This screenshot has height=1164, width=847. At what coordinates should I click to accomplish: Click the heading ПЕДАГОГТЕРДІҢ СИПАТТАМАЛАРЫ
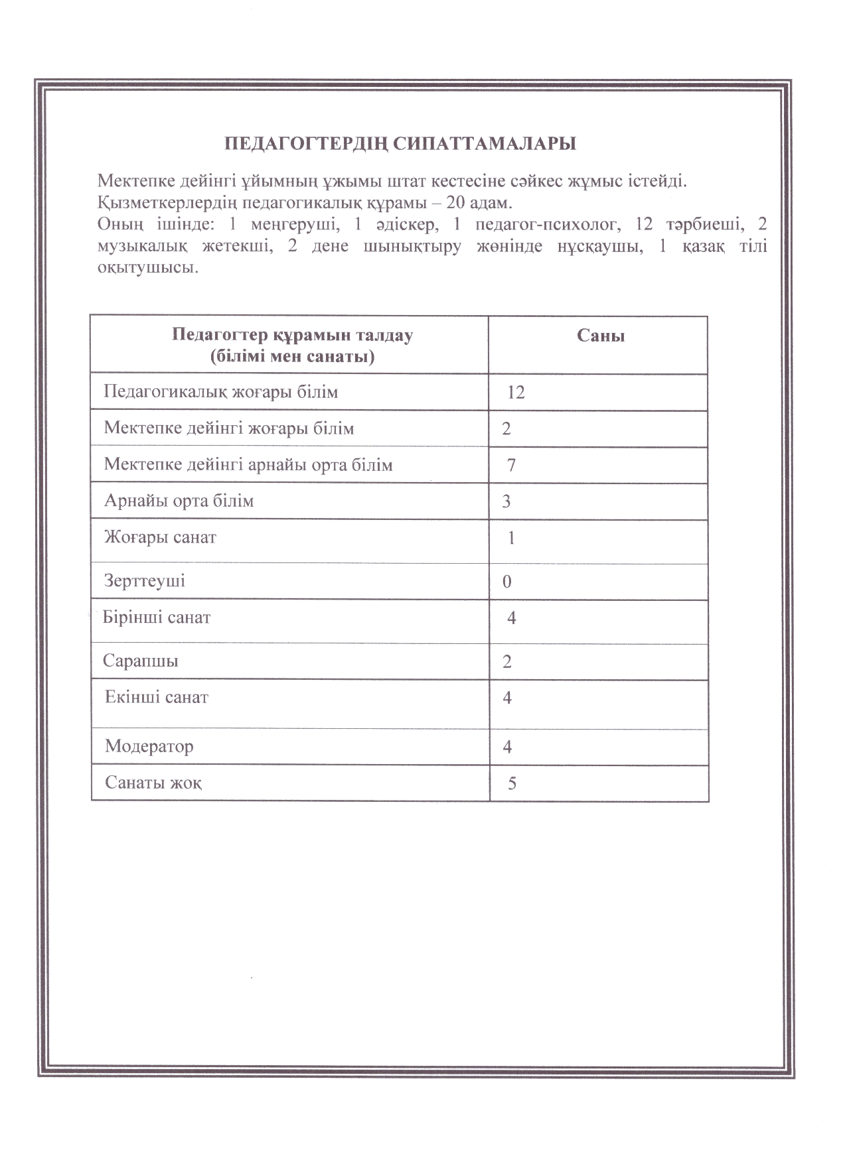[x=400, y=144]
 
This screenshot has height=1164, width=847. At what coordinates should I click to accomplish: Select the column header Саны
[x=600, y=336]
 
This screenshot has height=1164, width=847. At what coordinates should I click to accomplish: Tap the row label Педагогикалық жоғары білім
[x=221, y=392]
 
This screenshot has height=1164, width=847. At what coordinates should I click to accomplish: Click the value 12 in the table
[x=516, y=393]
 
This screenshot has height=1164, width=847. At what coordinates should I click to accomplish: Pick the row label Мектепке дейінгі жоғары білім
[x=229, y=428]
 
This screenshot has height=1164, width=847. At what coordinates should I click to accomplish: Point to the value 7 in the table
[x=511, y=466]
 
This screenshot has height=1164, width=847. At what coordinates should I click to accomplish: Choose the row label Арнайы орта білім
[x=179, y=501]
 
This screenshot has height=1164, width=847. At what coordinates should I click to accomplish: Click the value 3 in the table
[x=506, y=501]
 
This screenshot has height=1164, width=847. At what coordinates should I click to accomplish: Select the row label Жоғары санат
[x=160, y=537]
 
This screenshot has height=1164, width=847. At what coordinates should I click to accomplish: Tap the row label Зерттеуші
[x=145, y=581]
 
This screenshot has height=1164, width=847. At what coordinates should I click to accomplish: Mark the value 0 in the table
[x=507, y=582]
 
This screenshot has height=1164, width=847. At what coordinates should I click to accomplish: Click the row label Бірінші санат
[x=157, y=618]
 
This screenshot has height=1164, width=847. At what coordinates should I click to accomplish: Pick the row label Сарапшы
[x=141, y=661]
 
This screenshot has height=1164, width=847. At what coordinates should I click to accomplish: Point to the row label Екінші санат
[x=157, y=698]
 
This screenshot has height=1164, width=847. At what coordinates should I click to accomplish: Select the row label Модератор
[x=149, y=747]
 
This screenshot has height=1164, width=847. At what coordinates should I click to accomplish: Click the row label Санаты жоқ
[x=153, y=783]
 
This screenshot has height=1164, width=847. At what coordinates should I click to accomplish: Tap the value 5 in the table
[x=512, y=784]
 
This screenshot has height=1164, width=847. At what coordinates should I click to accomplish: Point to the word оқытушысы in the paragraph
[x=147, y=269]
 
